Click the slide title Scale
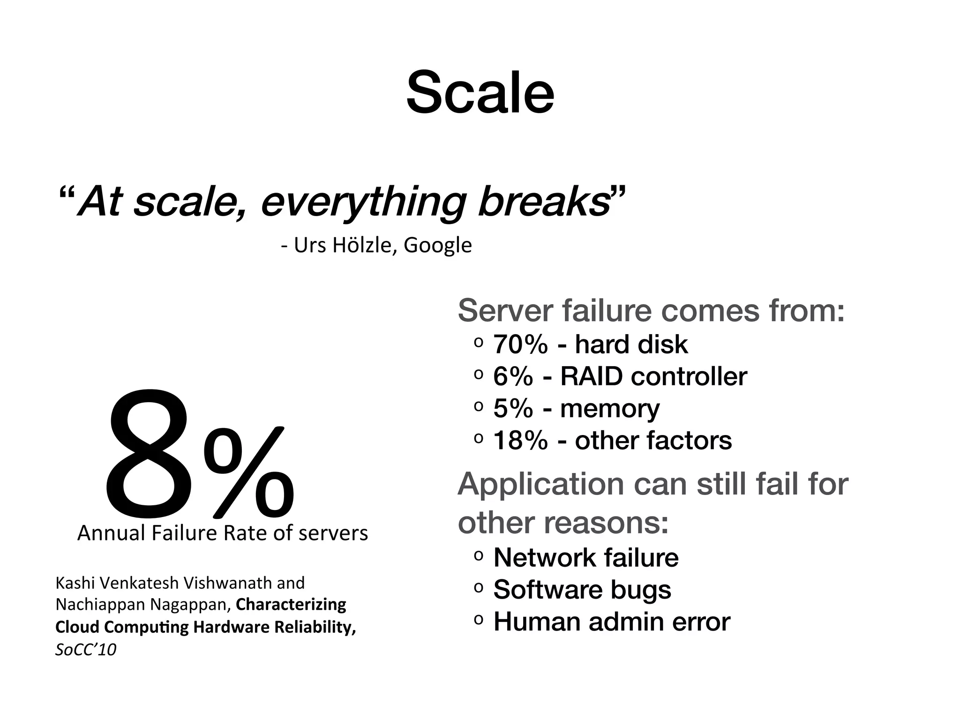[480, 92]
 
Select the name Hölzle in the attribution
[364, 245]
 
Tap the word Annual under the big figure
[111, 533]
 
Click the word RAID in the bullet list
[592, 376]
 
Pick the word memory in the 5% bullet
[609, 409]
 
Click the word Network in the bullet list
[544, 558]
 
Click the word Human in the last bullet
[537, 622]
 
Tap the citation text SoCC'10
[86, 650]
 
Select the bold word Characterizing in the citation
[291, 605]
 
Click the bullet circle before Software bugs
[478, 588]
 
